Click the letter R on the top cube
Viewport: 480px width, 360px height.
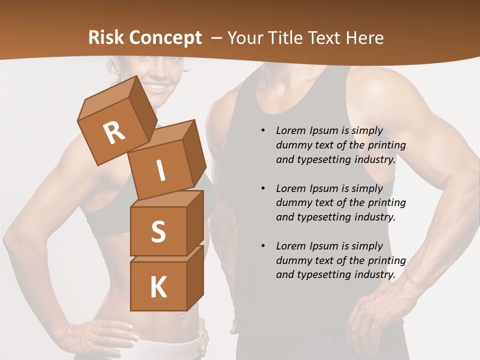114,133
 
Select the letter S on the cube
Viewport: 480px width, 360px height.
158,231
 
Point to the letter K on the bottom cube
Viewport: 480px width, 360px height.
158,287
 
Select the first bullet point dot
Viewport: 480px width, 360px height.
263,131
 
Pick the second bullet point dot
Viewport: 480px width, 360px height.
263,188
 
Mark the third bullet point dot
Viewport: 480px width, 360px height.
263,246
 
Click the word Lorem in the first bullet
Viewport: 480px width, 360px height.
290,131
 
